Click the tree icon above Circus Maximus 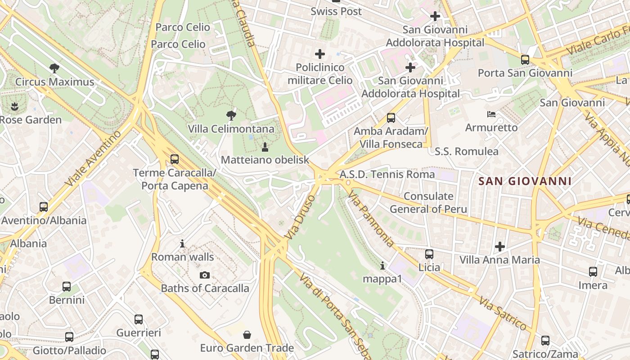point(54,68)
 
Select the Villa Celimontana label point(231,129)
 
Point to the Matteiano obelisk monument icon point(265,147)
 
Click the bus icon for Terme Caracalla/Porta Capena point(175,159)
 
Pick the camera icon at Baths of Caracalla point(205,275)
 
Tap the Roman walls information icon point(182,243)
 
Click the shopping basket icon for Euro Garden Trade point(247,335)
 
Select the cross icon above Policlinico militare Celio point(320,54)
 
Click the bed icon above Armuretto point(491,114)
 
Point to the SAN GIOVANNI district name point(525,181)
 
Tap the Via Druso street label point(301,216)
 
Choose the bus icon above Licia point(429,254)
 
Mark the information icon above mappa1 point(382,265)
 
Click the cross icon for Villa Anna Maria point(499,247)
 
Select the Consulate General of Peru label point(428,202)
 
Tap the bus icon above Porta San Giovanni point(525,59)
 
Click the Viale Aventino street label point(93,158)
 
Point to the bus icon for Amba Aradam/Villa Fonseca point(391,118)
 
